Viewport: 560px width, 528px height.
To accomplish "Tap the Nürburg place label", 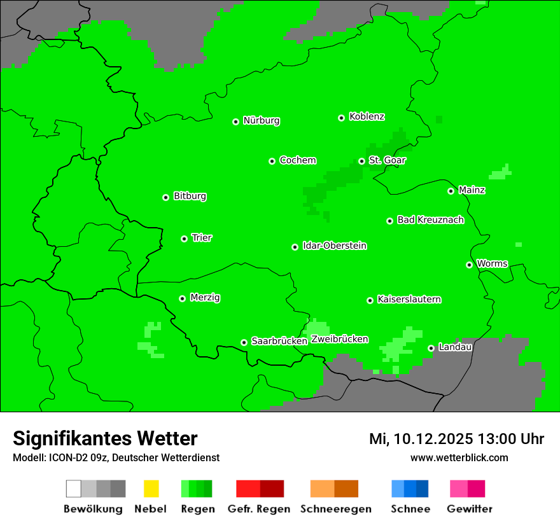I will [x=262, y=120].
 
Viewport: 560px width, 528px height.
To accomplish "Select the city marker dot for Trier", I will [x=184, y=239].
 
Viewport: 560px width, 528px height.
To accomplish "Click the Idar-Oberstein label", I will [x=335, y=246].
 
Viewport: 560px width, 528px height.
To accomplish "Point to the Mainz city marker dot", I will [x=451, y=191].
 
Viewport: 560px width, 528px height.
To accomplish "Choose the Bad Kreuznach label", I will [x=430, y=219].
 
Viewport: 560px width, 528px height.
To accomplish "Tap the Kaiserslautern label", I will [x=409, y=299].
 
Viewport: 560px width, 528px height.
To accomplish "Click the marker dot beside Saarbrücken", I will [x=244, y=342].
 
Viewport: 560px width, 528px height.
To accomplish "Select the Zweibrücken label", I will [x=339, y=339].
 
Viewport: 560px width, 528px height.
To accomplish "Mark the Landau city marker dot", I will [x=431, y=348].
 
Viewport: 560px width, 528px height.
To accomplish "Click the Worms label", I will [x=492, y=263].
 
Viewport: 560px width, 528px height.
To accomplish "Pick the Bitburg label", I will [x=190, y=196].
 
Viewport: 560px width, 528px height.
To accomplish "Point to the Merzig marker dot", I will [x=182, y=298].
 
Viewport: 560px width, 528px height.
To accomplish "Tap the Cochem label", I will [x=298, y=160].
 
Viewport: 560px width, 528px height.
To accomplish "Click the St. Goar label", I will [x=387, y=160].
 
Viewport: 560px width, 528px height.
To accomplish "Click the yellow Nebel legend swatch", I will [x=151, y=489].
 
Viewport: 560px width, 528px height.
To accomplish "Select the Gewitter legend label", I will [x=470, y=509].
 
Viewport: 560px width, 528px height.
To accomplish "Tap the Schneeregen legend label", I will [x=336, y=509].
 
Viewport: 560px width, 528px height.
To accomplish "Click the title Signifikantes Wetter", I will [x=105, y=438].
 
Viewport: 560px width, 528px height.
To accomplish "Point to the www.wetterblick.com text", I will [x=459, y=457].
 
